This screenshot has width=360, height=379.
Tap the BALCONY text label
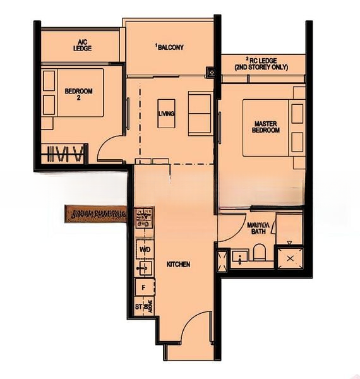pyautogui.click(x=170, y=47)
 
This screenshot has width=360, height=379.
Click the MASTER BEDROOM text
pyautogui.click(x=267, y=126)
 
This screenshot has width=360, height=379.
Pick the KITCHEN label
pyautogui.click(x=178, y=264)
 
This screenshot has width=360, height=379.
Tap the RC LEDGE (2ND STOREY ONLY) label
pyautogui.click(x=261, y=63)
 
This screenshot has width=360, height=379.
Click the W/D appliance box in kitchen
pyautogui.click(x=145, y=250)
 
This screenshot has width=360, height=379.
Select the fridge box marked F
pyautogui.click(x=144, y=287)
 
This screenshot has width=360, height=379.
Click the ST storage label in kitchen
pyautogui.click(x=139, y=307)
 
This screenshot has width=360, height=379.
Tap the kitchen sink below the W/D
pyautogui.click(x=145, y=268)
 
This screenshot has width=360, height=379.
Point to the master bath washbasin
pyautogui.click(x=241, y=257)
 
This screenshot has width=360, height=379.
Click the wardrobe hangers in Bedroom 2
pyautogui.click(x=66, y=153)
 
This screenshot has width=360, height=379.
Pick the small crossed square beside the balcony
pyautogui.click(x=210, y=73)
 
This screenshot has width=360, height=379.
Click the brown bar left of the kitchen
pyautogui.click(x=95, y=214)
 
